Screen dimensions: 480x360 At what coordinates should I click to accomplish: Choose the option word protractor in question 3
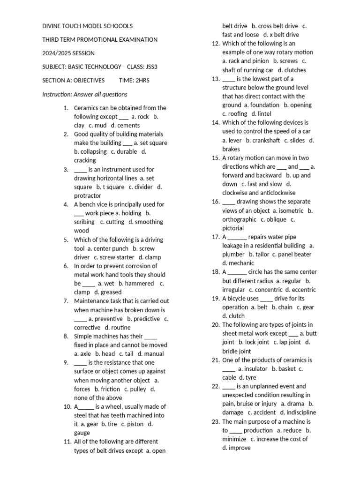[x=88, y=195]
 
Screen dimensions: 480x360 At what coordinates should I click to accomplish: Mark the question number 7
[x=66, y=301]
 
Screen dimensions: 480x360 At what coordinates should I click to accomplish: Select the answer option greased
[x=111, y=292]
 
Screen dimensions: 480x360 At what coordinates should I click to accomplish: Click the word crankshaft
[x=266, y=140]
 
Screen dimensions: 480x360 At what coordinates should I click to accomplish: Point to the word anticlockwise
[x=273, y=193]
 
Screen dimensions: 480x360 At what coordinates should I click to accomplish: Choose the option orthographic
[x=239, y=219]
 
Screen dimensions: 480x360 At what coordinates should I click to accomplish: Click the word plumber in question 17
[x=233, y=255]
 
